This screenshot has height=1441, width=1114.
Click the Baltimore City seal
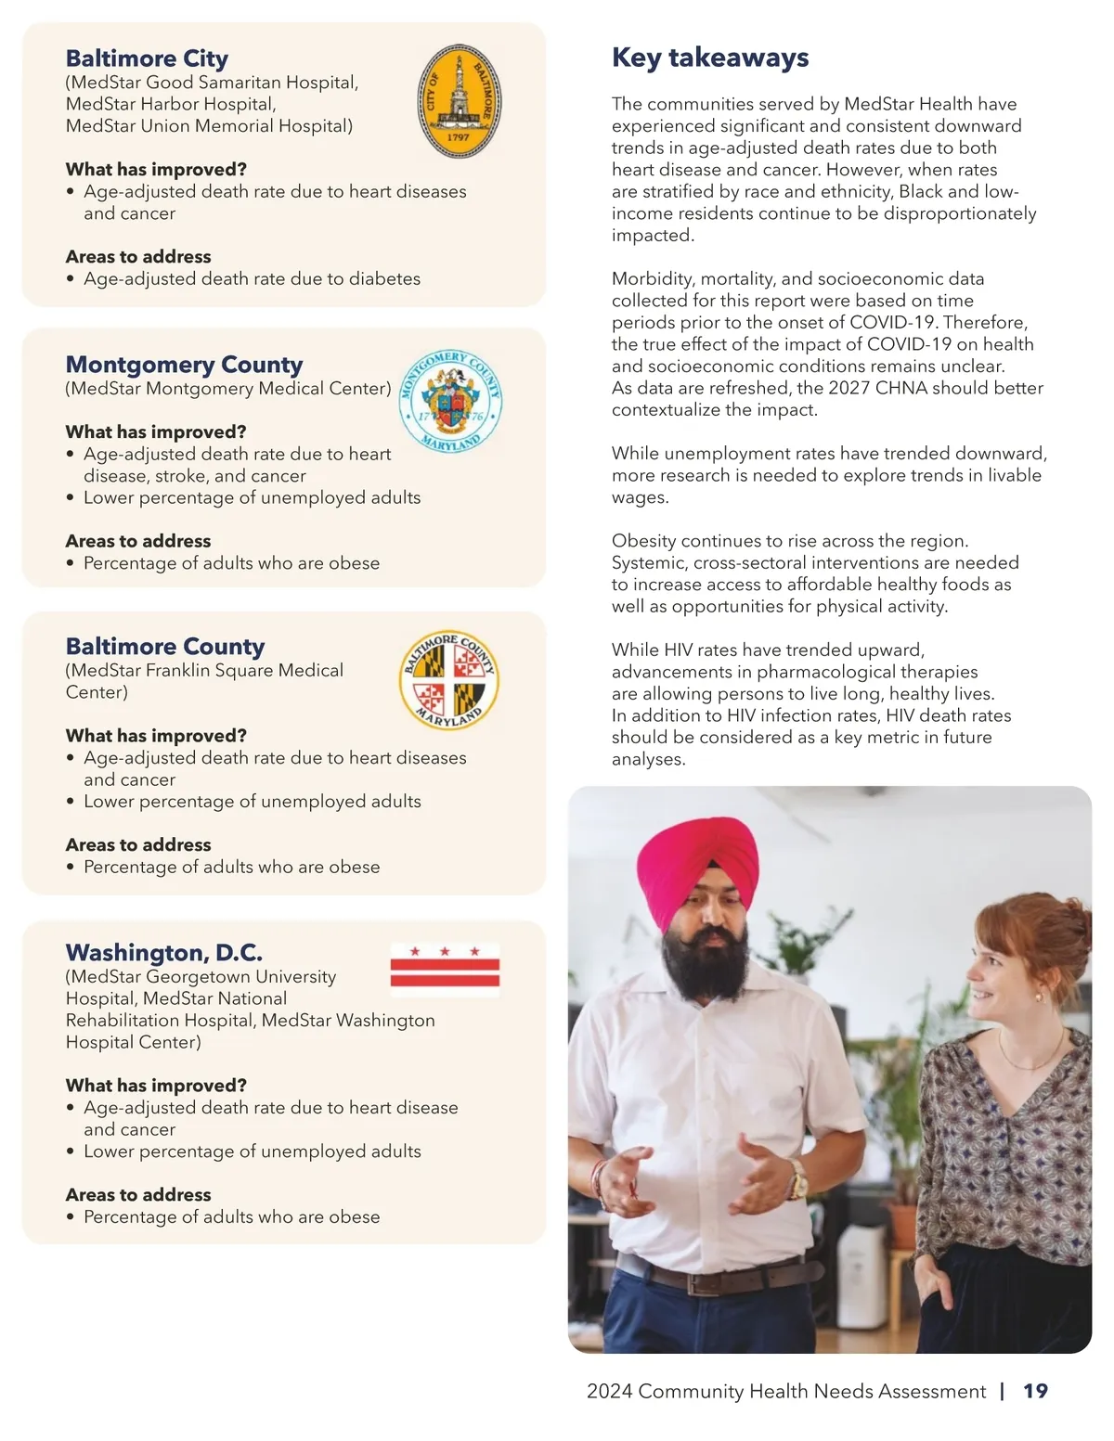click(x=459, y=102)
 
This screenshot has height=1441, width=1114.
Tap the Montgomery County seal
click(x=450, y=401)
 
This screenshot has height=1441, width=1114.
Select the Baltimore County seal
click(x=449, y=681)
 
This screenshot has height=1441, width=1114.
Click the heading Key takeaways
click(x=710, y=58)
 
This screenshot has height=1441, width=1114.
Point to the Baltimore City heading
click(x=147, y=58)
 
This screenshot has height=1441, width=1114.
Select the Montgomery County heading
click(x=184, y=365)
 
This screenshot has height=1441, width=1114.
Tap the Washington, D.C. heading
click(x=163, y=953)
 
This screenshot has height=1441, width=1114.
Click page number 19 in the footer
click(x=1035, y=1391)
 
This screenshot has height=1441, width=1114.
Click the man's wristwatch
click(x=797, y=1180)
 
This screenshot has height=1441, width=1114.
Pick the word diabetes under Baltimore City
click(x=384, y=278)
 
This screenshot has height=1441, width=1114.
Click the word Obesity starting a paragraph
click(x=643, y=541)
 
